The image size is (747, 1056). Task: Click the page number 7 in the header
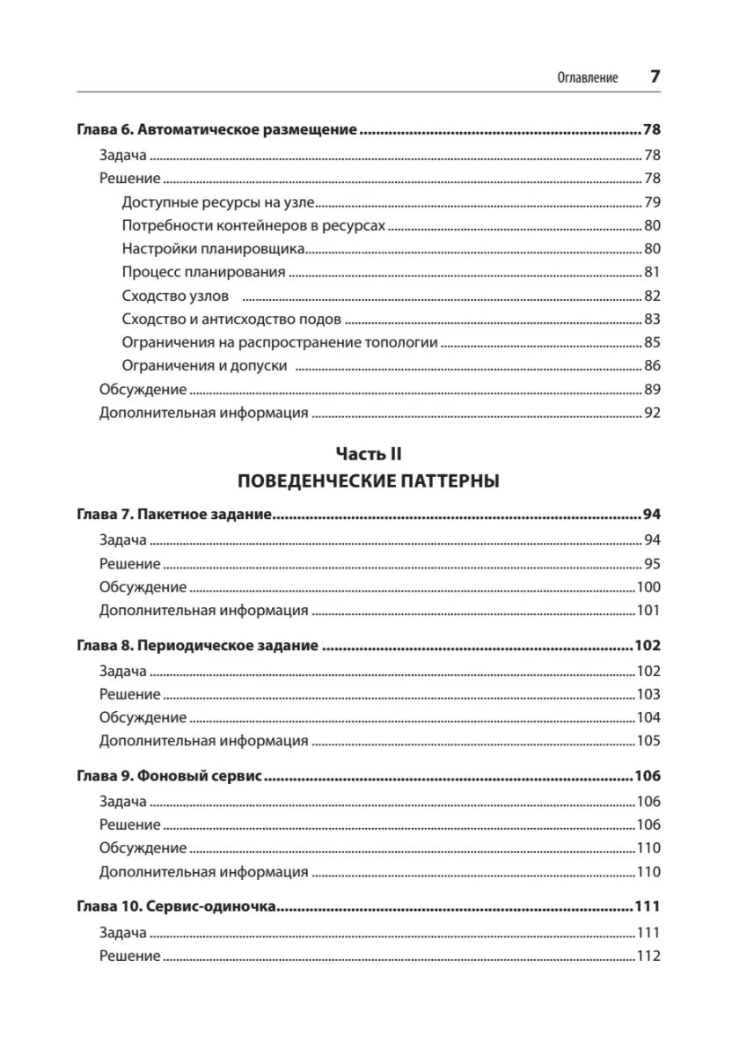coord(655,77)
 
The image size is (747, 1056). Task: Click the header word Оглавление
coord(588,77)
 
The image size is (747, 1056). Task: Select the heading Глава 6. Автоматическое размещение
coord(216,131)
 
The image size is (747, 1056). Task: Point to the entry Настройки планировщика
coord(214,248)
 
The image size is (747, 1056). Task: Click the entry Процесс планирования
coord(204,272)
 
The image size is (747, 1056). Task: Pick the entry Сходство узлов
coord(176,296)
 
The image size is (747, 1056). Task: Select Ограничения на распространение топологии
coord(280,342)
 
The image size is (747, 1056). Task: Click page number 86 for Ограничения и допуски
coord(652,366)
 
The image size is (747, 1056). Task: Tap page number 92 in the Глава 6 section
coord(652,412)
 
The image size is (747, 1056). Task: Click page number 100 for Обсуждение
coord(648,587)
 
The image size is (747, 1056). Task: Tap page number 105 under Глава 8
coord(648,740)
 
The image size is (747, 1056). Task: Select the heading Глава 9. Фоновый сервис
coord(172,778)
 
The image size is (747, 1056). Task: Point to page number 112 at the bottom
coord(648,956)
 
